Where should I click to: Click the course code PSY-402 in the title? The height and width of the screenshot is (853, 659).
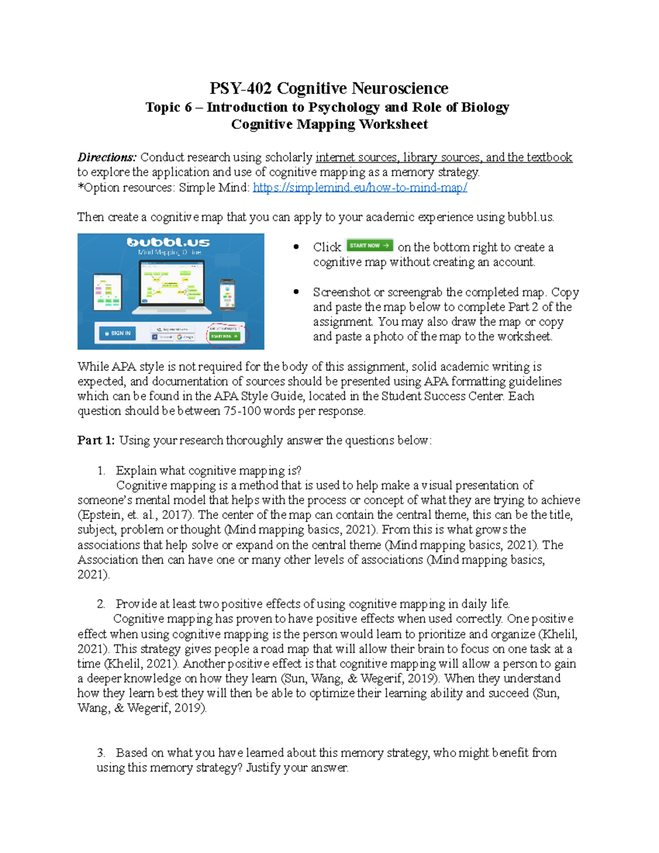tap(241, 88)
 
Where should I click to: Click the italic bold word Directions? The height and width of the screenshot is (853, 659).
tap(107, 158)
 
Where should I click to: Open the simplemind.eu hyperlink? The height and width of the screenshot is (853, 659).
tap(360, 188)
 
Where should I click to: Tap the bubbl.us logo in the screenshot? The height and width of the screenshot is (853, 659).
tap(168, 242)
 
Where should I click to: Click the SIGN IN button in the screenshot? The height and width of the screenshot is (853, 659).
tap(118, 333)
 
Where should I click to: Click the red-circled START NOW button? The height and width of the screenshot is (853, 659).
tap(225, 336)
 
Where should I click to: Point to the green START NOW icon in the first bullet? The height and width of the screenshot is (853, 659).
tap(370, 246)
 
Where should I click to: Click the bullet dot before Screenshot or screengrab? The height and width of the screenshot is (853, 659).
tap(297, 292)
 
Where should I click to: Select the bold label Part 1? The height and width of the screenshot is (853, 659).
tap(96, 441)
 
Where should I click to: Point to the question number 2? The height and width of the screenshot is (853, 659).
tap(100, 604)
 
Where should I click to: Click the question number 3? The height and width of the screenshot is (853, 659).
tap(100, 753)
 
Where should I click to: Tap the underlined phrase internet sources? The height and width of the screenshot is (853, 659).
tap(356, 158)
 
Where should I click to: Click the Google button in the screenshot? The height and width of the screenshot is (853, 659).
tap(185, 337)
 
